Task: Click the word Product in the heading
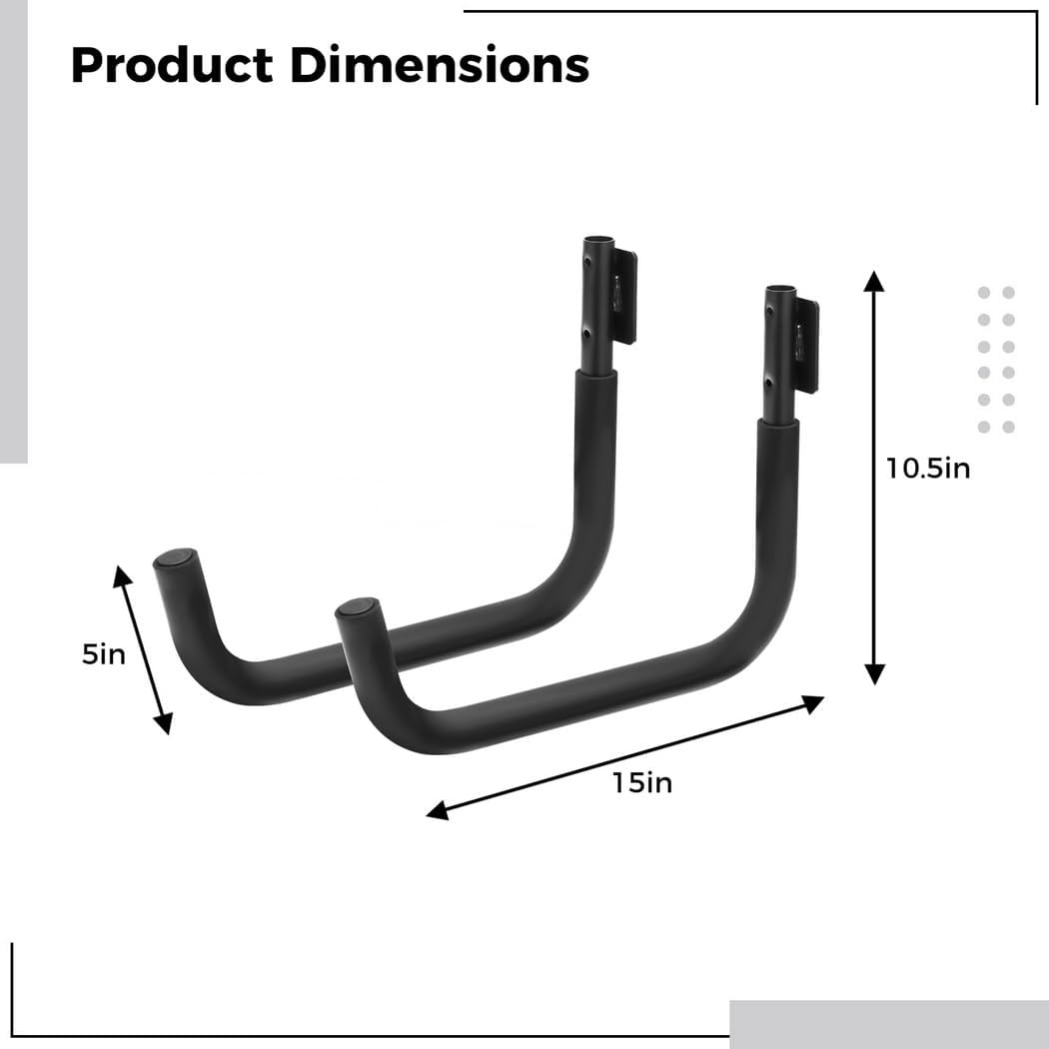[172, 66]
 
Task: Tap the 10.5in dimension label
[928, 467]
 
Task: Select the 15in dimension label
[643, 782]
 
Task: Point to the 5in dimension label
[104, 655]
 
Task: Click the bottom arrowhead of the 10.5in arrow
[874, 674]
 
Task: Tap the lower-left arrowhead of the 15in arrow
[437, 811]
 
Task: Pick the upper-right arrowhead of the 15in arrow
[813, 703]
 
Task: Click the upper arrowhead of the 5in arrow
[121, 575]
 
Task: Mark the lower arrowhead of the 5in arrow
[165, 723]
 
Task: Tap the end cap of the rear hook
[175, 556]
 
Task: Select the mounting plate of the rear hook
[626, 297]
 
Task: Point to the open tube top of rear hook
[598, 241]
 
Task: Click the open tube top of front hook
[781, 292]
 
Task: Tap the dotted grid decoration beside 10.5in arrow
[996, 360]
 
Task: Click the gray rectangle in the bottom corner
[888, 1023]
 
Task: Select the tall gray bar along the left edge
[13, 230]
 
